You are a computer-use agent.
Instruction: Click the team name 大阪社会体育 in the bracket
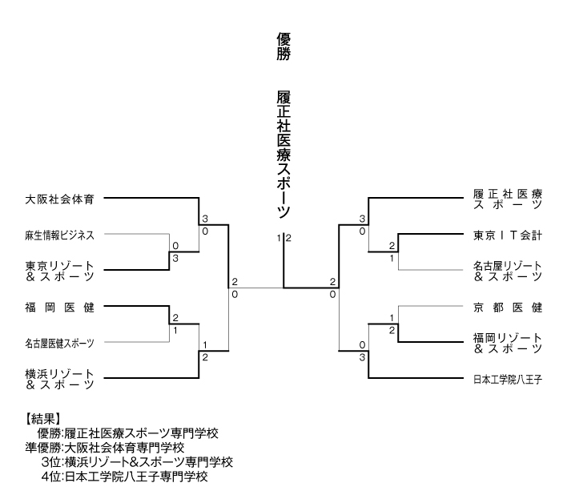tap(60, 197)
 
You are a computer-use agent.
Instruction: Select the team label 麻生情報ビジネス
tap(59, 235)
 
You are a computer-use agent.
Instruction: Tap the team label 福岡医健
tap(60, 307)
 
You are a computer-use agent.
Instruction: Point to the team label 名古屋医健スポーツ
tap(59, 344)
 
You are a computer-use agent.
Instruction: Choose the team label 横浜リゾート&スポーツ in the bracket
tap(60, 379)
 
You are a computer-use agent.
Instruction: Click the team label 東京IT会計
tap(508, 235)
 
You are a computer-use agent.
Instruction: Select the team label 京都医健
tap(508, 307)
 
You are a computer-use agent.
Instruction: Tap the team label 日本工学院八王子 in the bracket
tap(508, 379)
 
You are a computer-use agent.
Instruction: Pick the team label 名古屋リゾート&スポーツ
tap(508, 272)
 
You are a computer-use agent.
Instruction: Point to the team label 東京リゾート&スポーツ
tap(60, 272)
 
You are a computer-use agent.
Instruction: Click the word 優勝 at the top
tap(283, 47)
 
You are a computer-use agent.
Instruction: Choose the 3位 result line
tap(136, 461)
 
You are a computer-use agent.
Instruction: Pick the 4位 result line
tap(124, 476)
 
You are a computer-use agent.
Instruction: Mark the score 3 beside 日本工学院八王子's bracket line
tap(362, 357)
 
